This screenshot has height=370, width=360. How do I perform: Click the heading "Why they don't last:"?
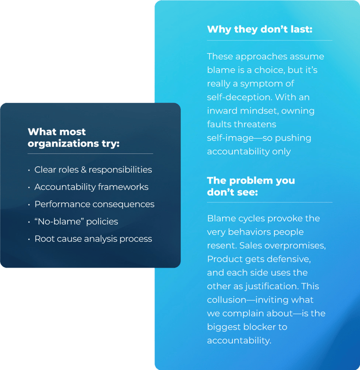pyautogui.click(x=260, y=29)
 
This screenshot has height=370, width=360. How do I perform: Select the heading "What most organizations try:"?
pyautogui.click(x=73, y=137)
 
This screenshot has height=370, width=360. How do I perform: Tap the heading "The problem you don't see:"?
pyautogui.click(x=251, y=186)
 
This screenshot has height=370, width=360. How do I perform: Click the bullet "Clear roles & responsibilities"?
pyautogui.click(x=93, y=170)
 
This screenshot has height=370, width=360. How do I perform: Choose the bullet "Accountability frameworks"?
pyautogui.click(x=91, y=187)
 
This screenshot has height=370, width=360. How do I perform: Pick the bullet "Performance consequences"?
pyautogui.click(x=94, y=204)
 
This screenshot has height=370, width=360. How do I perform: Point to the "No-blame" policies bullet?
pyautogui.click(x=76, y=222)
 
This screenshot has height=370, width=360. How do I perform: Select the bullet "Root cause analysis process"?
pyautogui.click(x=93, y=239)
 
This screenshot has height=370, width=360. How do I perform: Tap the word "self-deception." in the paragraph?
pyautogui.click(x=237, y=97)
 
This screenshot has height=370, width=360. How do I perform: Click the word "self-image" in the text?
pyautogui.click(x=228, y=138)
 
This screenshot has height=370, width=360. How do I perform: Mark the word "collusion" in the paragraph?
pyautogui.click(x=228, y=300)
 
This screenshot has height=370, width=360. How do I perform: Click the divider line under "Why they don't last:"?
pyautogui.click(x=269, y=40)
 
